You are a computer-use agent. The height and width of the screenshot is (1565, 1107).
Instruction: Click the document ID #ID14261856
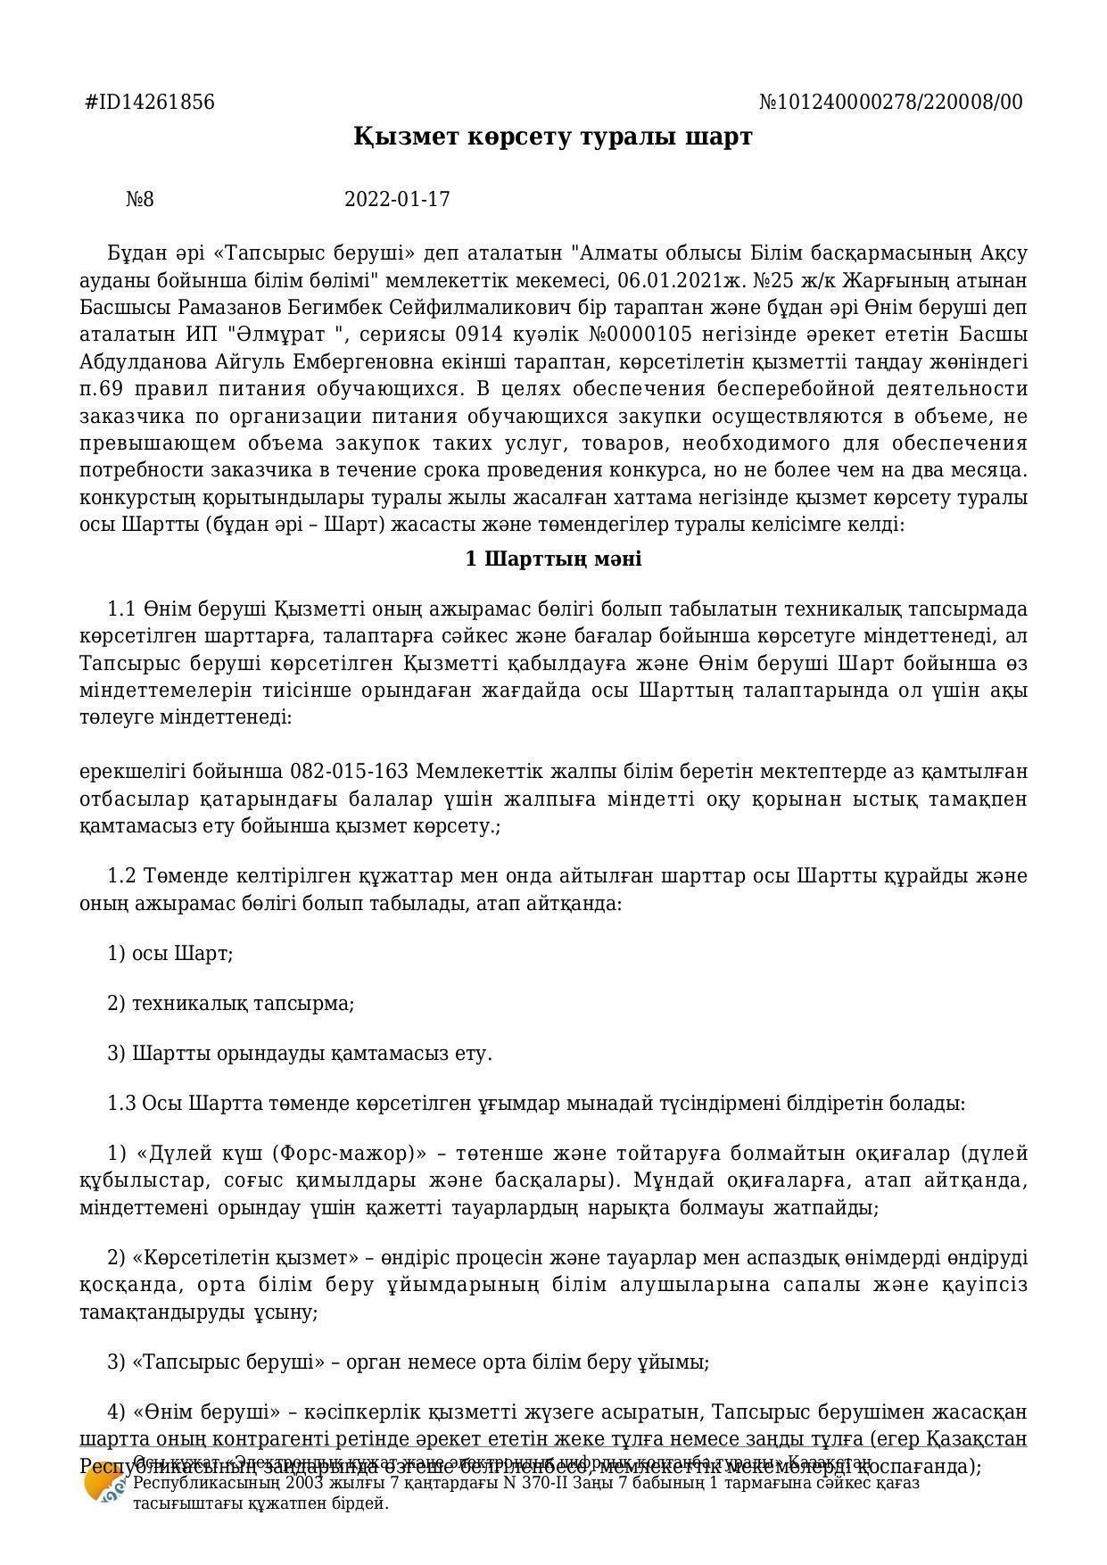150,103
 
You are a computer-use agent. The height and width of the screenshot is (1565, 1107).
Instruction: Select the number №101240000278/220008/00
890,103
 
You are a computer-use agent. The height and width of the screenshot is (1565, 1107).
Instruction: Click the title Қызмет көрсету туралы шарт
553,137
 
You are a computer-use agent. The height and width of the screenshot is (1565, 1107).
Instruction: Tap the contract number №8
140,199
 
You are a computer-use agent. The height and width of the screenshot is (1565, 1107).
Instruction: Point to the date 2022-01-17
397,199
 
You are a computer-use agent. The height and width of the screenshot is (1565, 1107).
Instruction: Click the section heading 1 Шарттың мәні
553,559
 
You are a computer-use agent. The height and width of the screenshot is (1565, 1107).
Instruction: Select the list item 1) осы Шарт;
170,954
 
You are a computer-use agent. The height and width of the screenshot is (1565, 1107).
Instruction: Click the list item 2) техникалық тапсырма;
231,1004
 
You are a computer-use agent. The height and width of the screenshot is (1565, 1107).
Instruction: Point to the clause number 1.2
121,876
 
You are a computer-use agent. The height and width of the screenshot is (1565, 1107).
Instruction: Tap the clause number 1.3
121,1104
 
